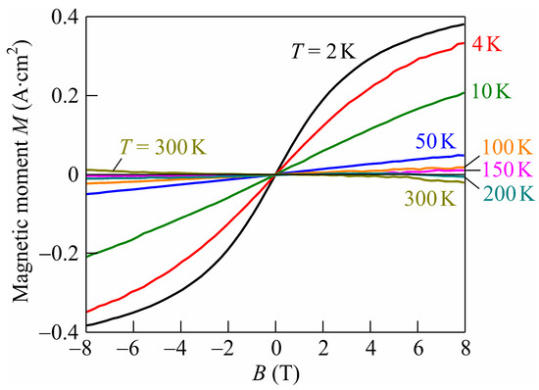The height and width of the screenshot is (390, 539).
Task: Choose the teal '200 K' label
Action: click(x=509, y=189)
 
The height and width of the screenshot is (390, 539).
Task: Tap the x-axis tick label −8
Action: click(x=85, y=350)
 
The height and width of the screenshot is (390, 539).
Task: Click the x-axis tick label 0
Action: click(x=276, y=350)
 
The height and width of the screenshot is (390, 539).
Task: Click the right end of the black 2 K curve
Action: click(x=464, y=24)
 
